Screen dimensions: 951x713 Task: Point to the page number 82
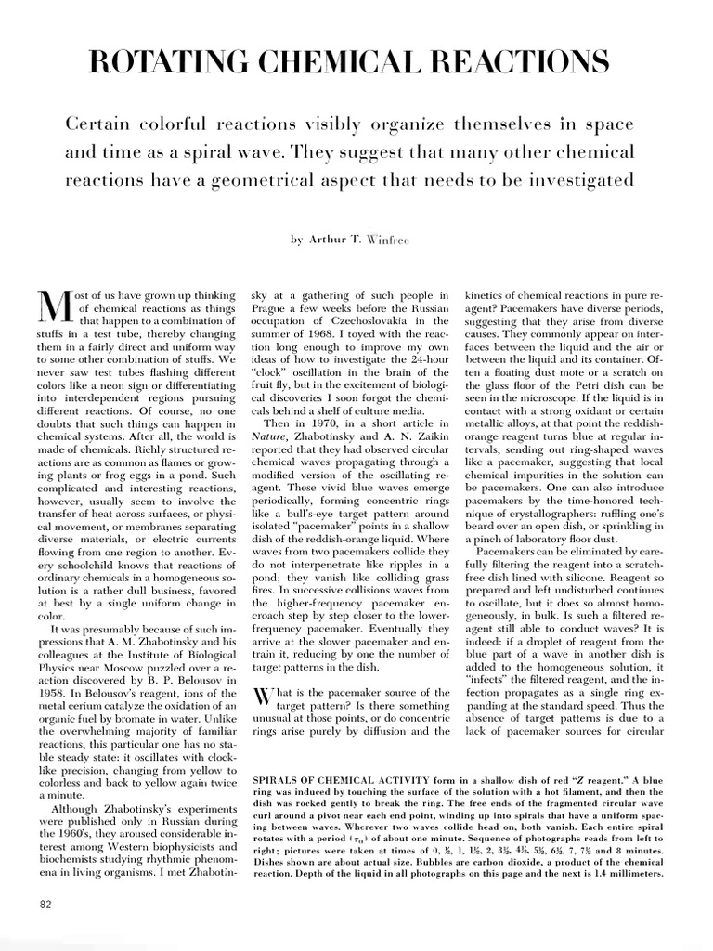[45, 905]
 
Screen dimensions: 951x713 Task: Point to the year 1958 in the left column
[53, 666]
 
